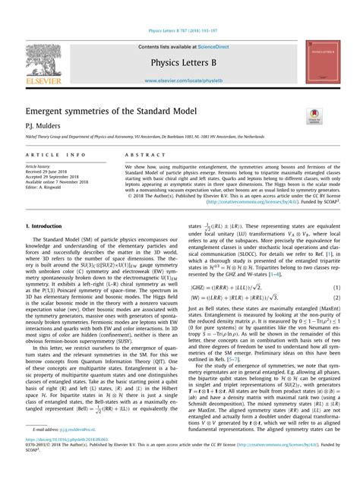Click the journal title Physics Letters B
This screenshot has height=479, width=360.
pyautogui.click(x=179, y=62)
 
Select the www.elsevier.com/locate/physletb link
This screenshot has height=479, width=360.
pyautogui.click(x=179, y=78)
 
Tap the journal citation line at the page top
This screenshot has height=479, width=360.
pyautogui.click(x=179, y=32)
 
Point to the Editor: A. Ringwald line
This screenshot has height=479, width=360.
pyautogui.click(x=49, y=188)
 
